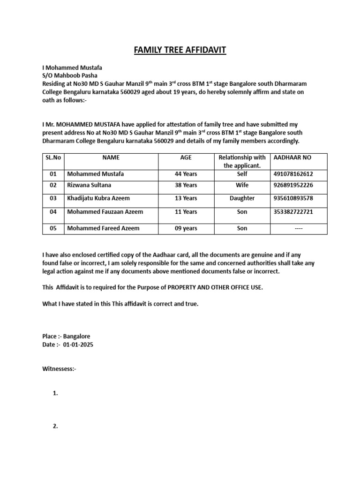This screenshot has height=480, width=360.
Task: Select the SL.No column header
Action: tap(53, 158)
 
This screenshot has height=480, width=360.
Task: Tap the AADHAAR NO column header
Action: tap(292, 158)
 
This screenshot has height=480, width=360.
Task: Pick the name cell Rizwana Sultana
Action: tap(89, 185)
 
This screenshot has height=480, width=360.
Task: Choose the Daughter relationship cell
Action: tap(242, 198)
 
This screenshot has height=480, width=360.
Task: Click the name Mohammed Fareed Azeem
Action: tap(103, 228)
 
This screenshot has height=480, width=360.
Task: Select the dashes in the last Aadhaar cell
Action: tap(298, 228)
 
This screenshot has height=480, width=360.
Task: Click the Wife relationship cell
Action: tap(242, 185)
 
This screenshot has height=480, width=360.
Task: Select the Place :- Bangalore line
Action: tap(66, 337)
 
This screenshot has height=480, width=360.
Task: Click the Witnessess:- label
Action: tap(59, 369)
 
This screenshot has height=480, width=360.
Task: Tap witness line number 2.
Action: tap(55, 426)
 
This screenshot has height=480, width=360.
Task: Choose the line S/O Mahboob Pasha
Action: tap(70, 75)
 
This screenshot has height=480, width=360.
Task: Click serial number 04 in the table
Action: tap(53, 212)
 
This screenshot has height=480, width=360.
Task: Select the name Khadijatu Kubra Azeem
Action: tap(98, 198)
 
